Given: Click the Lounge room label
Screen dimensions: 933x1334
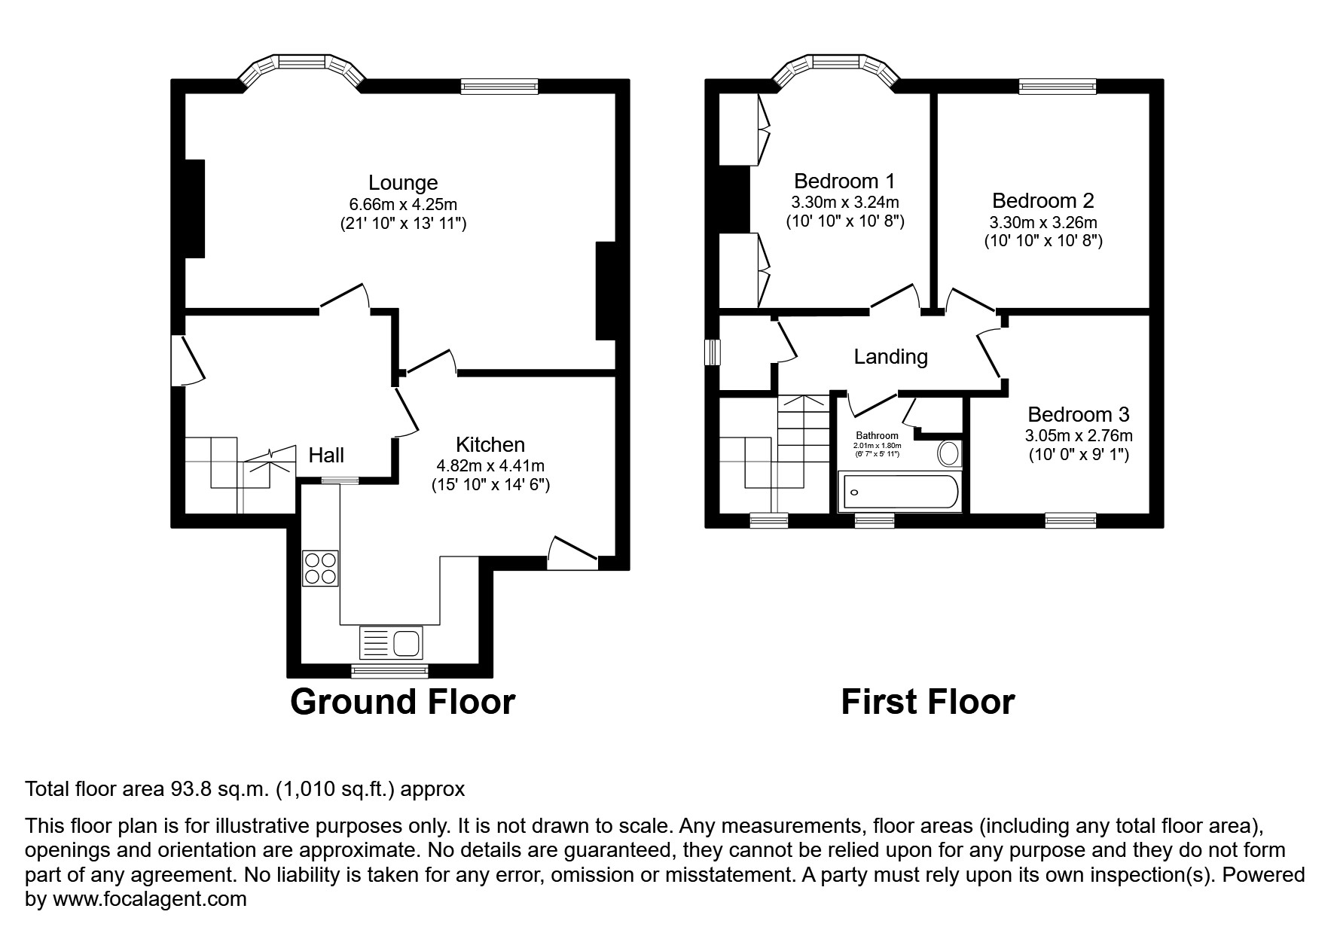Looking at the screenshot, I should [x=403, y=183].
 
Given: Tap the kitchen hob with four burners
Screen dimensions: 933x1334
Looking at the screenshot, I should [x=320, y=569].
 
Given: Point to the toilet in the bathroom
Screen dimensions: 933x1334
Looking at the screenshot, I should [x=949, y=454].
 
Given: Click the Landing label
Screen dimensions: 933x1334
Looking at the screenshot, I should [x=890, y=357].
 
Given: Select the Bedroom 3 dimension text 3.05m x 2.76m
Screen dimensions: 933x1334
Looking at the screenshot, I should [x=1079, y=436].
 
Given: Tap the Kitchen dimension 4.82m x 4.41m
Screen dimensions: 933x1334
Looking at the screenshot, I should [x=490, y=466].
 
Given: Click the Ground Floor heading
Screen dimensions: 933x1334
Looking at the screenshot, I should [x=402, y=702].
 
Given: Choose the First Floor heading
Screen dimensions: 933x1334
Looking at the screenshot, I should [x=927, y=702].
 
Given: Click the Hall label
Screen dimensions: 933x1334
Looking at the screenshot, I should [x=326, y=455].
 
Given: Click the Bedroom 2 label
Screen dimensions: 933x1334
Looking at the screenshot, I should [x=1042, y=201].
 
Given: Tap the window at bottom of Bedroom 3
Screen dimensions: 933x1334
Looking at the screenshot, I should [x=1070, y=520].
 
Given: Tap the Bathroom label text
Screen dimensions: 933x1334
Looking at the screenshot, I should [x=877, y=435].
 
